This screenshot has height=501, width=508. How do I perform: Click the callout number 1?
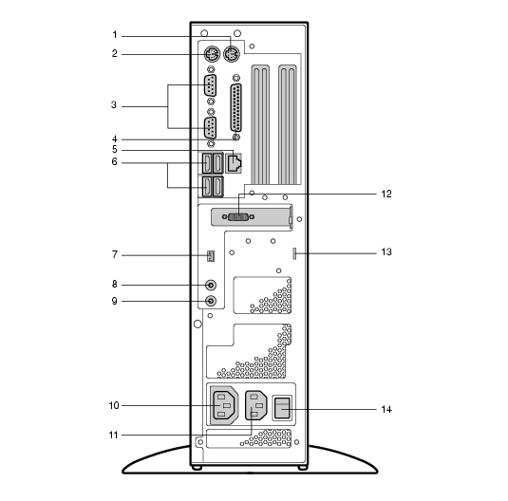(x=115, y=35)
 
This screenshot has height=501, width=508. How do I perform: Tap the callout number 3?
(x=114, y=105)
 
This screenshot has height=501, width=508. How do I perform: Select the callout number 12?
(x=386, y=194)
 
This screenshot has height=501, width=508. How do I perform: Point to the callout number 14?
(x=386, y=409)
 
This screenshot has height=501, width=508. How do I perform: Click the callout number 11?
(x=113, y=435)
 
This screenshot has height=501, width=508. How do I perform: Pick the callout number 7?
(x=115, y=255)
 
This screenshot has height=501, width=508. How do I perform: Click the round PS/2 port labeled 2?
(x=212, y=54)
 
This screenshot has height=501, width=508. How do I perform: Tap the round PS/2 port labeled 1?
(x=232, y=54)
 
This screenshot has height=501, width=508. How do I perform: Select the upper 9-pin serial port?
(x=210, y=85)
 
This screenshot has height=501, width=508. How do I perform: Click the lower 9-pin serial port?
(x=210, y=128)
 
